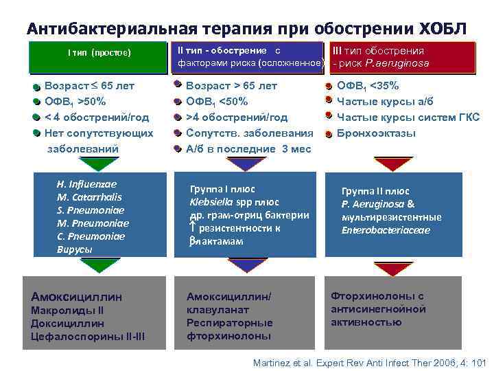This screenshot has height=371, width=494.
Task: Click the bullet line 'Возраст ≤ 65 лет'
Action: (x=89, y=86)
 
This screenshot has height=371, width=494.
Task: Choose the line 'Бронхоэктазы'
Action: (x=376, y=133)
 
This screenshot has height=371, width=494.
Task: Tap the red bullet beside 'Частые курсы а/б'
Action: (x=329, y=102)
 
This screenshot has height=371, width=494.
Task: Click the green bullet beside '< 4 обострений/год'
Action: (x=36, y=117)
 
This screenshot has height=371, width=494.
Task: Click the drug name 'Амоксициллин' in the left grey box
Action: (x=76, y=297)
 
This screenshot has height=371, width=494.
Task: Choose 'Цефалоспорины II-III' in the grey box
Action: (x=88, y=336)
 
